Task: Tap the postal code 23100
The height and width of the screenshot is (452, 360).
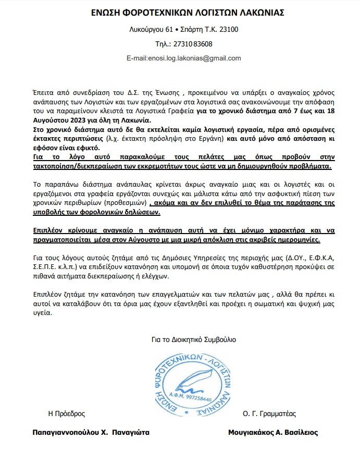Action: click(x=228, y=29)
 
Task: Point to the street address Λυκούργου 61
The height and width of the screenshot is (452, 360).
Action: click(x=151, y=29)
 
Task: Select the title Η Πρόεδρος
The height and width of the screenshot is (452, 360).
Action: click(x=66, y=414)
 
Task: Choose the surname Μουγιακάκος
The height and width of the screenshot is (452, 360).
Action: click(x=251, y=433)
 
